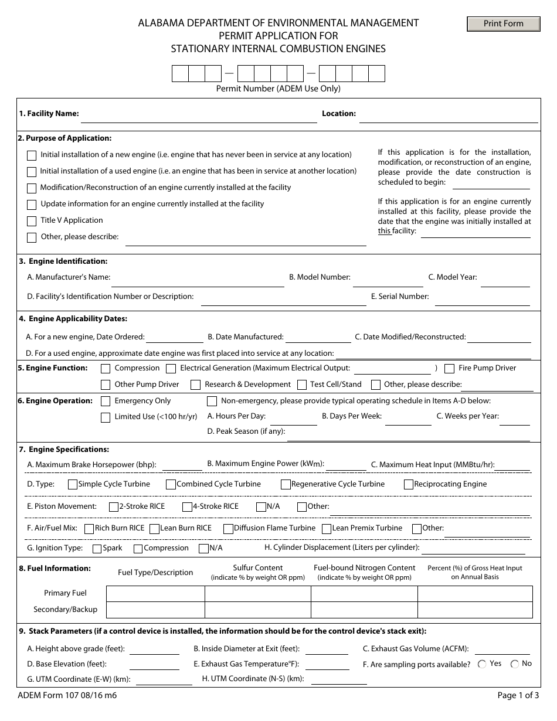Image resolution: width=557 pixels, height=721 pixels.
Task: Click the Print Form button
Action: coord(503,24)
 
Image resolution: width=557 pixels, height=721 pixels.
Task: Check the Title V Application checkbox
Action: coord(32,221)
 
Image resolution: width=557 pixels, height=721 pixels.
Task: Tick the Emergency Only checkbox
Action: coord(106,402)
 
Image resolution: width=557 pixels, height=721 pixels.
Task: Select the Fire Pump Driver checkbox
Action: coord(450,369)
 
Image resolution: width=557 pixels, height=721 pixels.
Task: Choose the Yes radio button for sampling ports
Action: coord(482,664)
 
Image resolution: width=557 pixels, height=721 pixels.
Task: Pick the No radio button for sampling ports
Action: coord(515,664)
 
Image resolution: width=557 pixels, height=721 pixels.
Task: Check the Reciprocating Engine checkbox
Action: coord(409,485)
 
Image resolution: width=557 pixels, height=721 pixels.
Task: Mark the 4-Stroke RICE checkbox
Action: coord(187,507)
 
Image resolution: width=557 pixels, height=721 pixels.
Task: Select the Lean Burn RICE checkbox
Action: coord(155,529)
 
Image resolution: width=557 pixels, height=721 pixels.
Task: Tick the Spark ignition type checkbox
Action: coord(97,549)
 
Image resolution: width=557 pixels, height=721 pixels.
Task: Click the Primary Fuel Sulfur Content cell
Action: coord(257,594)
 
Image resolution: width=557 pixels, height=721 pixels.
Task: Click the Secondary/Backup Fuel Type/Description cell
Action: coord(155,610)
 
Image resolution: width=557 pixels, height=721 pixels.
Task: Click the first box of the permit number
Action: coord(180,74)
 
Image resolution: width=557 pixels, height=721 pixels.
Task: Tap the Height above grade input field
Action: coord(154,649)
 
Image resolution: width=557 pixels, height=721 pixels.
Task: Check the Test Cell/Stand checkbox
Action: coord(302,385)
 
